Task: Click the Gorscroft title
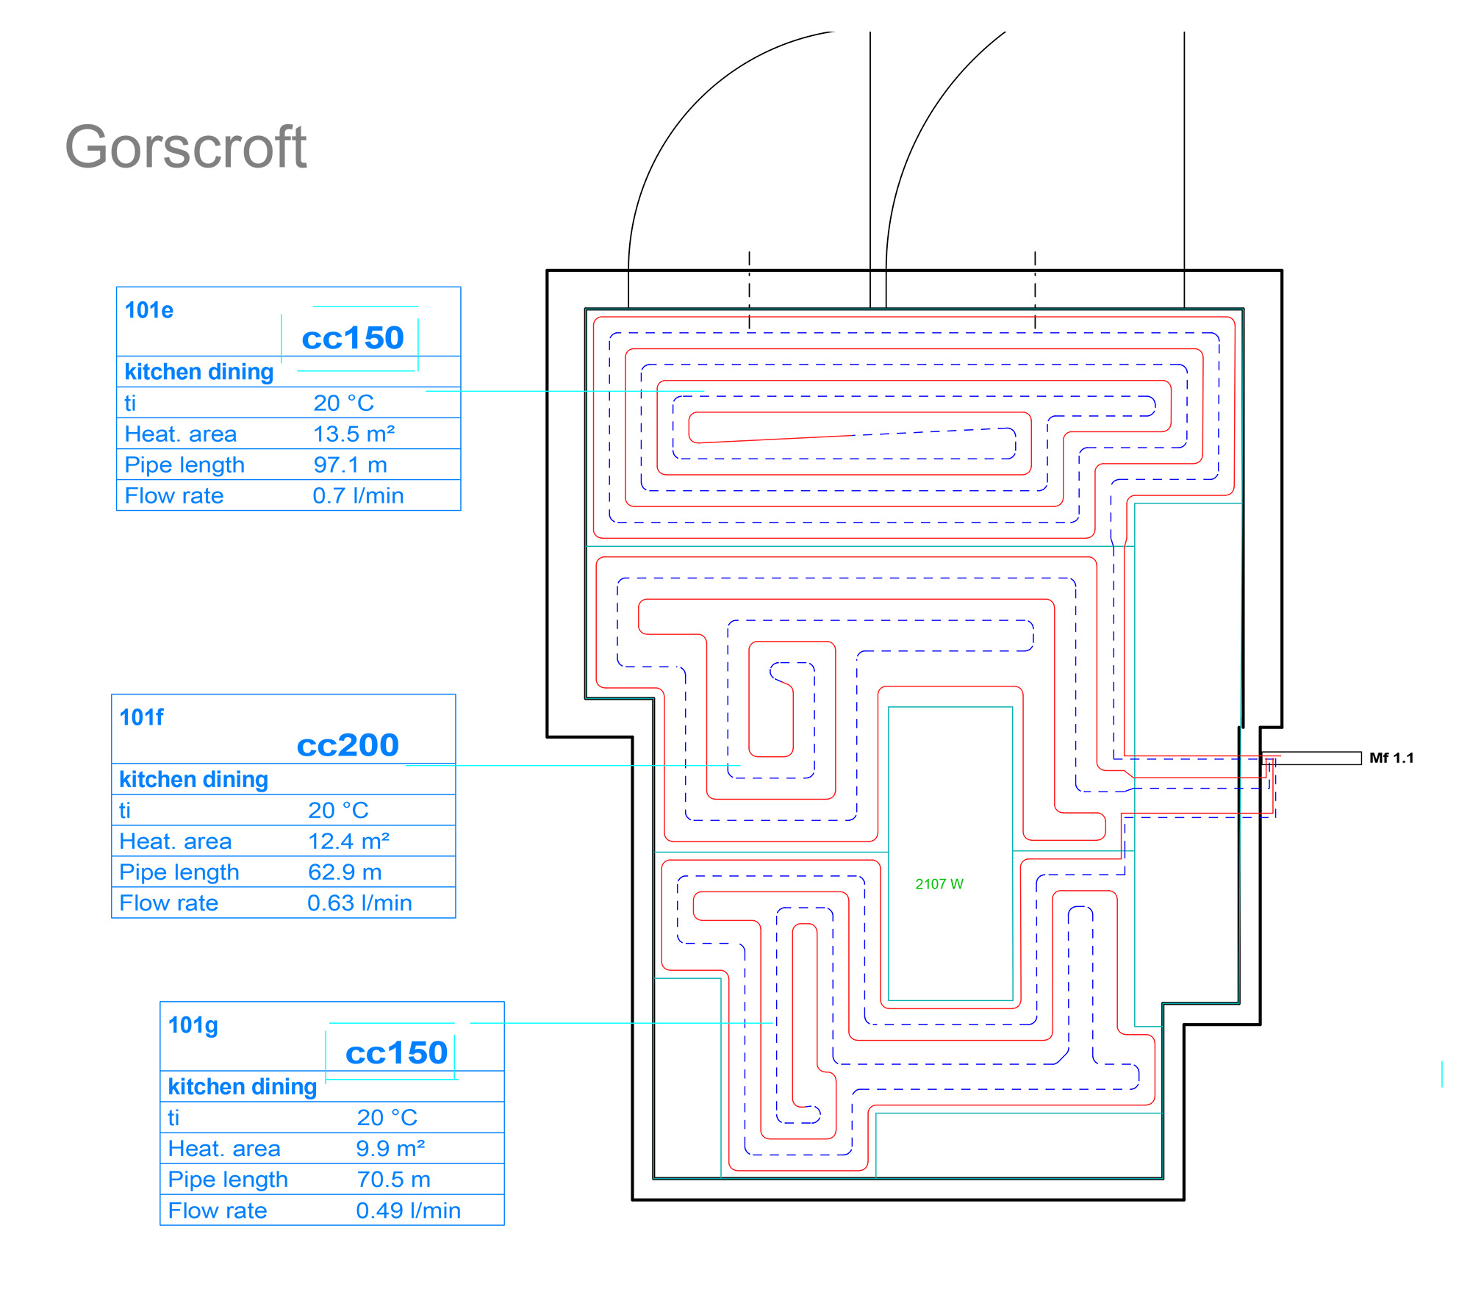[185, 147]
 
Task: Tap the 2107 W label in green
[939, 884]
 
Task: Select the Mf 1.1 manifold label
[1391, 758]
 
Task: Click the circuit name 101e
[149, 310]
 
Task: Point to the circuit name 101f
[142, 717]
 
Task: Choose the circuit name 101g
[193, 1025]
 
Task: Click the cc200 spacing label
[348, 745]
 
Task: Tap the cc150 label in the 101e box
[353, 338]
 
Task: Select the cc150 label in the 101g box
[396, 1053]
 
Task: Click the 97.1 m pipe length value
[350, 464]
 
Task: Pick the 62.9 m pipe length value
[345, 872]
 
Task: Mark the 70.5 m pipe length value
[393, 1179]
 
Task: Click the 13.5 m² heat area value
[354, 434]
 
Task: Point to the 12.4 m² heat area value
[348, 841]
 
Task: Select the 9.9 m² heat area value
[390, 1148]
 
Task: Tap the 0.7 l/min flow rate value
[358, 495]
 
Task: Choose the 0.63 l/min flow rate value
[359, 903]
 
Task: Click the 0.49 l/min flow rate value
[408, 1210]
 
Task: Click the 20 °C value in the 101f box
[338, 810]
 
